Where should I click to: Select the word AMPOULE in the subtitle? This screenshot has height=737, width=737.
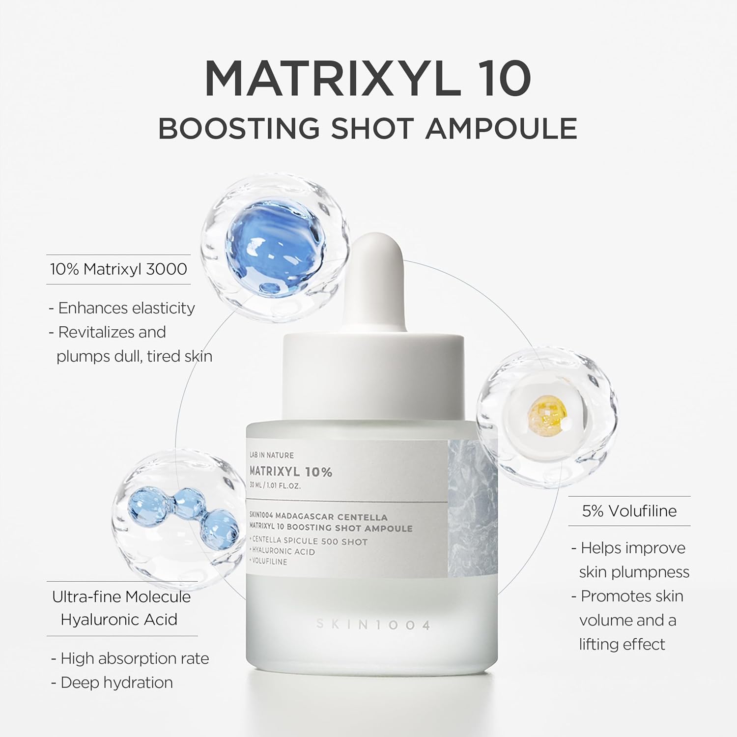click(x=501, y=129)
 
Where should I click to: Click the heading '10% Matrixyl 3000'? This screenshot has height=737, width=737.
click(x=118, y=269)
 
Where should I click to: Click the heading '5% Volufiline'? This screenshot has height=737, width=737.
click(x=629, y=511)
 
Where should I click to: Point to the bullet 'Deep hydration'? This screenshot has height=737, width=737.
click(x=116, y=682)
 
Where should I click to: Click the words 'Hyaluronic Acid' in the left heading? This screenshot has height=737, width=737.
click(x=119, y=620)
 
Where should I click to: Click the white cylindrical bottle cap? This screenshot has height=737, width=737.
click(x=372, y=373)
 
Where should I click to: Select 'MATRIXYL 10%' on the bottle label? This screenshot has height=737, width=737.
click(x=291, y=472)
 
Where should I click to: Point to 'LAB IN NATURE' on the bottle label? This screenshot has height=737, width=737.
click(x=272, y=455)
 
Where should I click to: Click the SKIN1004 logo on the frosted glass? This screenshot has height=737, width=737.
click(x=373, y=624)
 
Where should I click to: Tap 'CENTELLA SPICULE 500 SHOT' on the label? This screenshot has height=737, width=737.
click(x=310, y=541)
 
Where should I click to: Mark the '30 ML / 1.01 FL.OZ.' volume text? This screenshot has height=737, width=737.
click(x=275, y=486)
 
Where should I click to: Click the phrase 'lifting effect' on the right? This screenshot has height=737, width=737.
click(x=622, y=644)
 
